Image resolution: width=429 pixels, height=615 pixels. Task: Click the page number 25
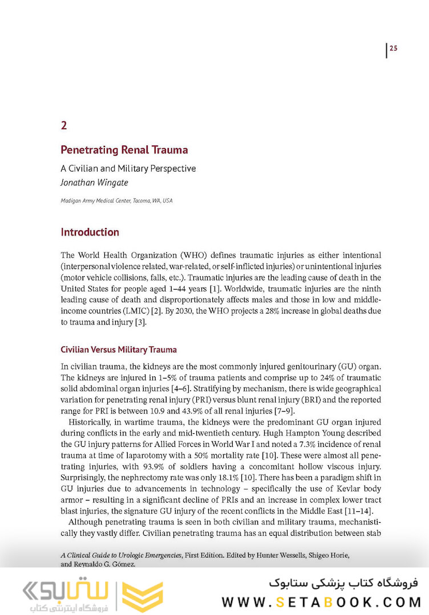[x=393, y=48]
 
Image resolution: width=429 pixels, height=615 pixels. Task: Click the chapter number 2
[x=64, y=125]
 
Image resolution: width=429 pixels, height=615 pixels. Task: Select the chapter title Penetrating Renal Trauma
[x=124, y=150]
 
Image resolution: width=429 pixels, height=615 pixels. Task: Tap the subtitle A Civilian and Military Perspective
[x=128, y=169]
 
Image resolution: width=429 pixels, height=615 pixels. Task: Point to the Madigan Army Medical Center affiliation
[x=116, y=201]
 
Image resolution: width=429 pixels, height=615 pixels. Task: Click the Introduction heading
[x=90, y=233]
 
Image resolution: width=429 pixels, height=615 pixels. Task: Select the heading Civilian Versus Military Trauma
[x=119, y=349]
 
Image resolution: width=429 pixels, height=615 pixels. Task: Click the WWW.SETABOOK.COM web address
[x=321, y=601]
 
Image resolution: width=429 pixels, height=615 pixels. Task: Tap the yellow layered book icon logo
[x=143, y=595]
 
